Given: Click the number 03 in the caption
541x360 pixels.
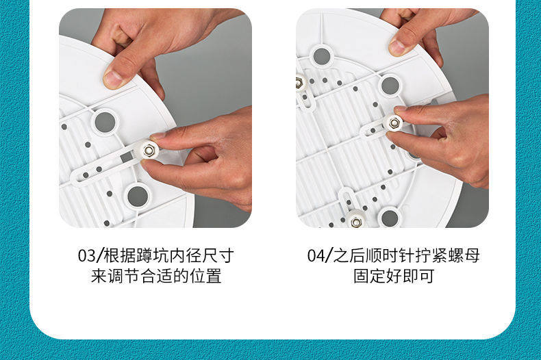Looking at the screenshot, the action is click(86, 256).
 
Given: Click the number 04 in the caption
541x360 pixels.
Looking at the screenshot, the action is click(316, 256).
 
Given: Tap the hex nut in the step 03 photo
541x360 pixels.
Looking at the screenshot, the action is click(149, 150).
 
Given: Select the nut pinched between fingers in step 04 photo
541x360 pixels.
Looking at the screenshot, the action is click(394, 122).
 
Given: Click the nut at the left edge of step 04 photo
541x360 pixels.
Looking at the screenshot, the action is click(299, 83).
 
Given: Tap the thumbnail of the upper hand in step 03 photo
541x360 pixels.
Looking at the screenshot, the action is click(113, 79).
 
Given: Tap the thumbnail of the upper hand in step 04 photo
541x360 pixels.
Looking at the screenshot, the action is click(397, 48).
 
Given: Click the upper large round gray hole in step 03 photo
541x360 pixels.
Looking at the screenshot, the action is click(105, 122).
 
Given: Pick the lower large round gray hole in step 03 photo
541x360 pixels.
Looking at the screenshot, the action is click(138, 196).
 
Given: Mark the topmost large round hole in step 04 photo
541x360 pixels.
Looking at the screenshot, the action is click(322, 56).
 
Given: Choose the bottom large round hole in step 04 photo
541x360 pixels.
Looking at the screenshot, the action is click(390, 218).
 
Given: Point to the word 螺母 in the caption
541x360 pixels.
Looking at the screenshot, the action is click(464, 256).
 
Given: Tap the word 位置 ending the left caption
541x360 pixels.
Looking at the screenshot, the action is click(205, 276).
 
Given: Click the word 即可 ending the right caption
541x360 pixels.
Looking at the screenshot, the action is click(418, 276).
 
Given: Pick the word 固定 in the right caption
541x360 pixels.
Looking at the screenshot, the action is click(369, 276).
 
